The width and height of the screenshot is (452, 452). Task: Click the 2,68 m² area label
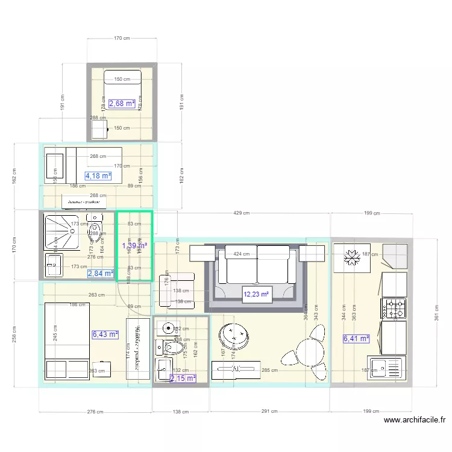coord(122,104)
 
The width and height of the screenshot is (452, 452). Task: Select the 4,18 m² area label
coord(98,176)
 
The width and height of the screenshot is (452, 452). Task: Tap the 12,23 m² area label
coord(255,295)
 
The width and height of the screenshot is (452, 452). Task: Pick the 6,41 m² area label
coord(356,339)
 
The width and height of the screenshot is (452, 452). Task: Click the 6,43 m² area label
coord(105,334)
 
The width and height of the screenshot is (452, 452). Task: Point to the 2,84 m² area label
coord(100,274)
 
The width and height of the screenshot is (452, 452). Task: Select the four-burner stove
coord(393,308)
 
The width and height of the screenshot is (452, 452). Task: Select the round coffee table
coord(234,336)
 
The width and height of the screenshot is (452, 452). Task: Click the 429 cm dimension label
coord(241,213)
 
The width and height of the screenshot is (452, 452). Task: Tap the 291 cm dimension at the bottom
coord(270,412)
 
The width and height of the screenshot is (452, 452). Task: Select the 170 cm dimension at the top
coord(122,39)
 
